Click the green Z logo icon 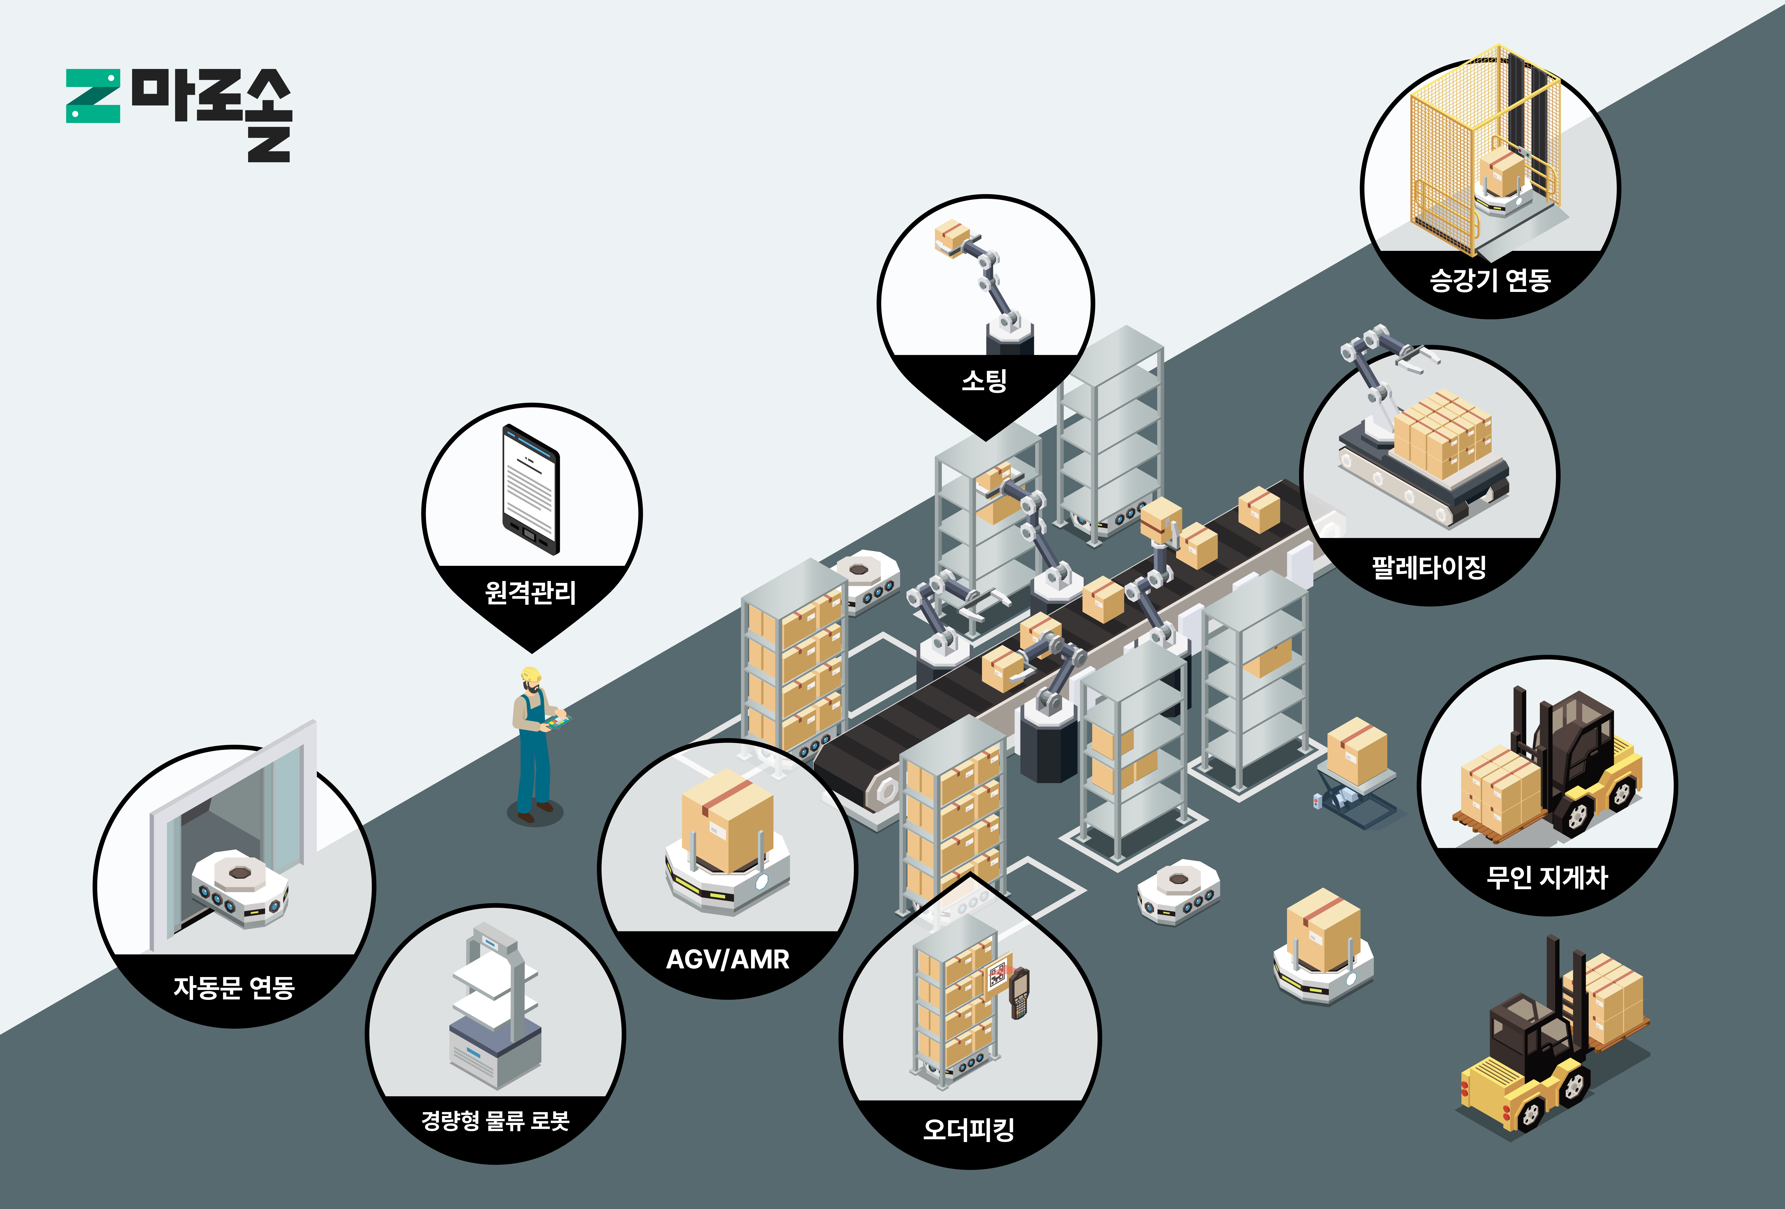click(x=93, y=96)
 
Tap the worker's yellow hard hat click(x=531, y=674)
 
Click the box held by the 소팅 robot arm click(x=951, y=237)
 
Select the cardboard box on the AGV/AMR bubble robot click(x=726, y=820)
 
